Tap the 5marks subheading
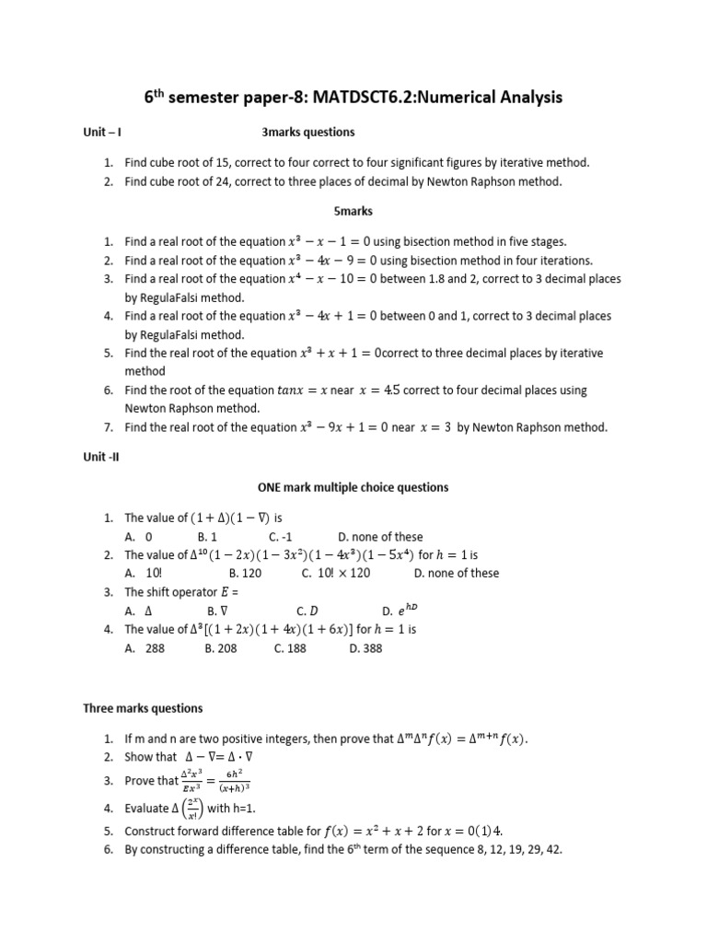click(x=353, y=211)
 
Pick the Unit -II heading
click(x=102, y=456)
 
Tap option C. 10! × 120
click(x=336, y=573)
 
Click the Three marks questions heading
click(x=143, y=708)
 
